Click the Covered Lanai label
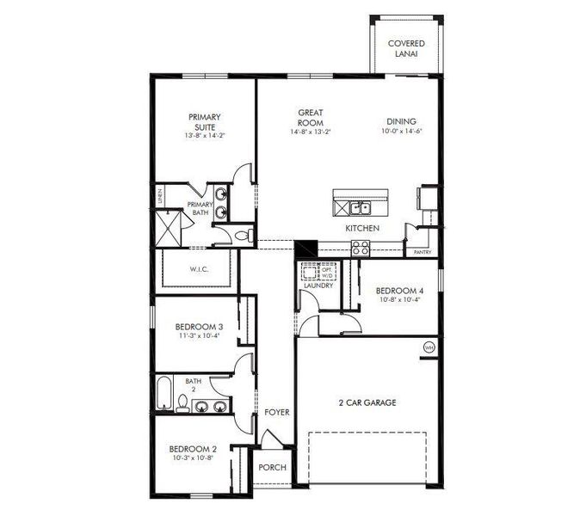tap(406, 48)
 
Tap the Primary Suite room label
tap(205, 122)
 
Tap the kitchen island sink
tap(360, 207)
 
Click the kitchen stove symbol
tap(361, 249)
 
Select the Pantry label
tap(422, 253)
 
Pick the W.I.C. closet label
tap(199, 269)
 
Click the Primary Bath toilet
tap(242, 234)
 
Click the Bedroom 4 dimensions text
tap(400, 300)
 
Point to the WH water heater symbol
tap(429, 347)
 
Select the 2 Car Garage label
tap(367, 402)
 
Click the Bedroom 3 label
tap(200, 327)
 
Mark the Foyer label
tap(277, 413)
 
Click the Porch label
tap(273, 468)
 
